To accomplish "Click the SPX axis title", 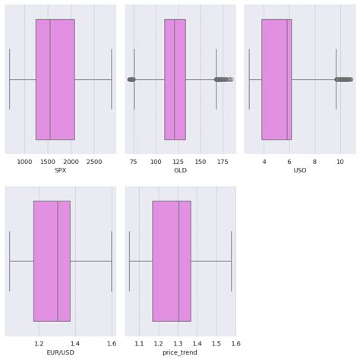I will click(61, 170).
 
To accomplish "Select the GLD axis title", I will click(180, 170).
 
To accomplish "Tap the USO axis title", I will click(300, 170).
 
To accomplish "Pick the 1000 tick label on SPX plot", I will click(24, 161).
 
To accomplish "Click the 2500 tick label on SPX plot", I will click(94, 161).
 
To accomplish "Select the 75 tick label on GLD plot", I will click(134, 161).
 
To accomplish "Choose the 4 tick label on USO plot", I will click(264, 161).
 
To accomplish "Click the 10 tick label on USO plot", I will click(339, 161).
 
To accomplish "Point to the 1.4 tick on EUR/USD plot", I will click(75, 343).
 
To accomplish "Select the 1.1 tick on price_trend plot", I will click(139, 343).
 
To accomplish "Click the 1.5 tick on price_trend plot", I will click(216, 343).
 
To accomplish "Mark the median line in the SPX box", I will click(50, 79).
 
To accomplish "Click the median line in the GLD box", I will click(175, 79).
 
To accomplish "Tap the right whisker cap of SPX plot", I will click(112, 79).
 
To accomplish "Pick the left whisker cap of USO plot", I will click(249, 79).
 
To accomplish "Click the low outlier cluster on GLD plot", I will click(131, 79).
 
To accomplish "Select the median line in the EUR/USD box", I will click(58, 261).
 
